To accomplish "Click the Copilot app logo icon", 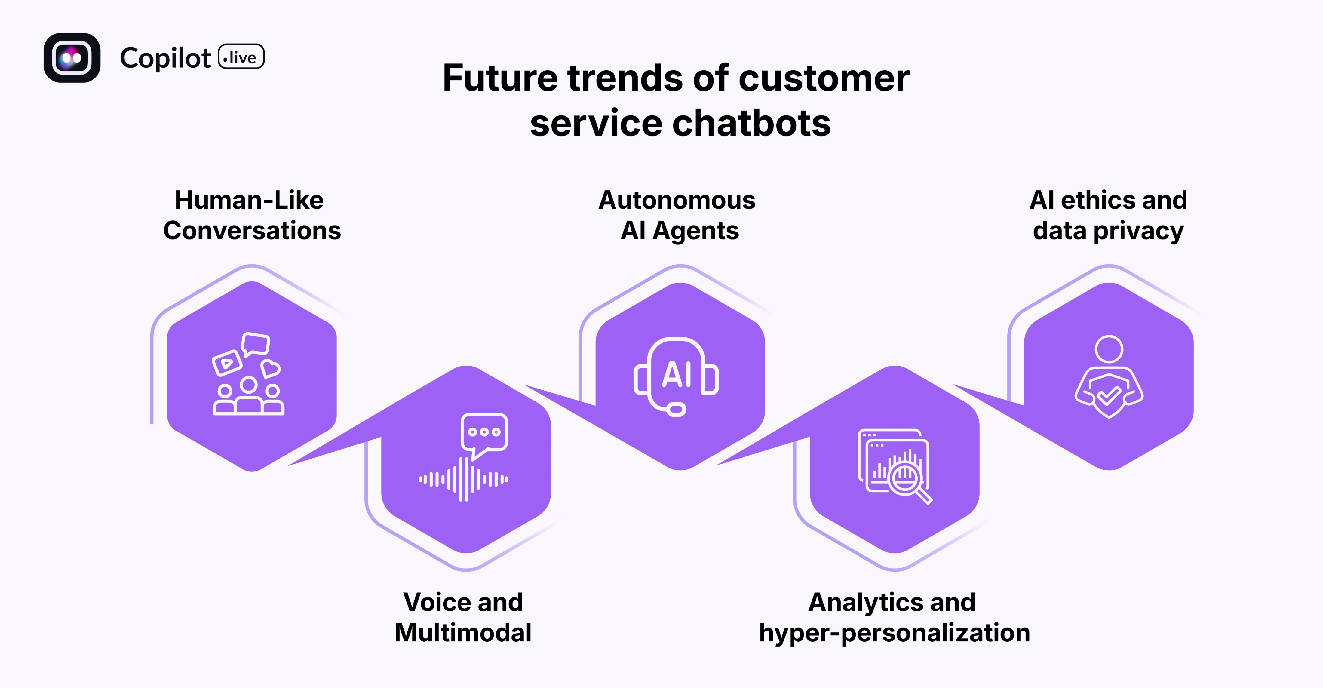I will coord(72,57).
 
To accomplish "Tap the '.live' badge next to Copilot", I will coord(241,57).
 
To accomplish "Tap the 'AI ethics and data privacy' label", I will coord(1108,215).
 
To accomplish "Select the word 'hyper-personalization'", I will coord(894,633).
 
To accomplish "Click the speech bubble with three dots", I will coord(484,433).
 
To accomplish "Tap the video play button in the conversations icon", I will coord(226,363).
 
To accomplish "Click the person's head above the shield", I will coord(1109,349).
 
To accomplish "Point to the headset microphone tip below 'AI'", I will coord(677,410).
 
